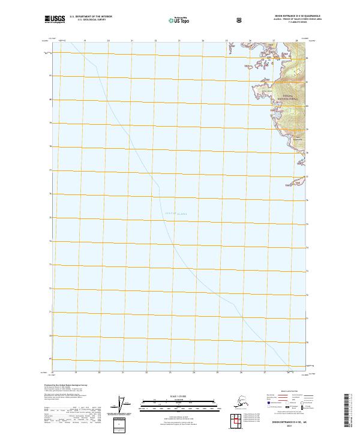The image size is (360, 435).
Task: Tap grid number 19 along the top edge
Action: [85, 41]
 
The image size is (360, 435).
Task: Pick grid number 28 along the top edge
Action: [297, 41]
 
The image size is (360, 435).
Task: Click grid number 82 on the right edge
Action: [308, 58]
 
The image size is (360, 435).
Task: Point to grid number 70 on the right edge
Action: [308, 343]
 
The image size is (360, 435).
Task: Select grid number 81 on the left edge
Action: [50, 76]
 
